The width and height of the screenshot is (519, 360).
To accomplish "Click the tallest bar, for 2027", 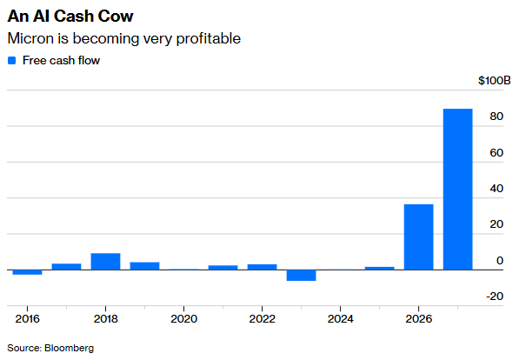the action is (x=457, y=189).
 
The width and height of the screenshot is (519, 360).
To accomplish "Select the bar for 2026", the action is (x=418, y=237).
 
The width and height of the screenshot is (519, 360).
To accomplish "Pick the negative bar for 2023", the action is (x=301, y=275).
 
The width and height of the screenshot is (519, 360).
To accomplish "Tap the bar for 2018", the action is (x=105, y=262).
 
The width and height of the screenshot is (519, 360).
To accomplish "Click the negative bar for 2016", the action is (x=27, y=272).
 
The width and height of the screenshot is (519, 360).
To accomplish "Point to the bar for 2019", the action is (x=144, y=266).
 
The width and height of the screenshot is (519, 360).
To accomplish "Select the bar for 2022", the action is (x=263, y=267).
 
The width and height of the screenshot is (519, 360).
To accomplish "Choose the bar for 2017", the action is (x=67, y=267).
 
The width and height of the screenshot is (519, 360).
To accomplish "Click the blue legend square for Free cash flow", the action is (x=11, y=60).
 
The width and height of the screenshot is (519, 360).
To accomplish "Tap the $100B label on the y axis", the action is (x=495, y=81).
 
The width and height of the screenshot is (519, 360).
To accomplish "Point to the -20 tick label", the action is (x=495, y=296).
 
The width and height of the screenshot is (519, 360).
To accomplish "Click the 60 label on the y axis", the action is (x=496, y=153).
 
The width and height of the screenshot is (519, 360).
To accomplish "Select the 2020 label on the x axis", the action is (x=183, y=318).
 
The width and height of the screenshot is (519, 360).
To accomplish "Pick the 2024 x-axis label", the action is (x=340, y=318).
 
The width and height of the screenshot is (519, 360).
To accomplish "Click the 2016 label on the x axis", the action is (x=27, y=318).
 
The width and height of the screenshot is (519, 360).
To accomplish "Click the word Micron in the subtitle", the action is (x=30, y=38).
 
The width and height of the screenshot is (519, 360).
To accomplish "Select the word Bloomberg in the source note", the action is (x=70, y=348).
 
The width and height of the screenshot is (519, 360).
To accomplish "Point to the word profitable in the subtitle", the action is (x=209, y=39).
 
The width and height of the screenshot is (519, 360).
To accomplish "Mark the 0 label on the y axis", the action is (x=500, y=260).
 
